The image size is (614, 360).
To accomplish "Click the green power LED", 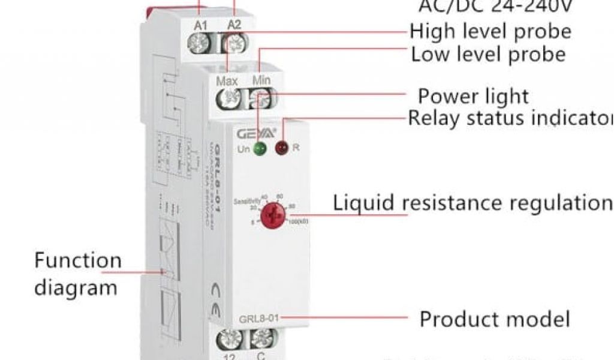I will tap(260, 149).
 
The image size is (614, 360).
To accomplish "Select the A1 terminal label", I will tap(201, 25).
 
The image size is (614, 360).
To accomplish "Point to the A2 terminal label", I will tap(234, 25).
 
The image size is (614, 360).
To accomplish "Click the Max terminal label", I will tap(227, 80).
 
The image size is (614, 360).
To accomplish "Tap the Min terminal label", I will tap(261, 80).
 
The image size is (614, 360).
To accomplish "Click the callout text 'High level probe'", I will tap(490, 31).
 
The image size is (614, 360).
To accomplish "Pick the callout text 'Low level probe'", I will tap(488, 55).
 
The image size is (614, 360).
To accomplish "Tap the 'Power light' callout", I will tap(474, 96).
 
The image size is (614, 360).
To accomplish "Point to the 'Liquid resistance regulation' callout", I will tap(472, 203).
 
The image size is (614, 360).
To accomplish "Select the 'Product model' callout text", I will tap(494, 319).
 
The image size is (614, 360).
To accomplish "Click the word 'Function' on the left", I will tap(78, 261).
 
